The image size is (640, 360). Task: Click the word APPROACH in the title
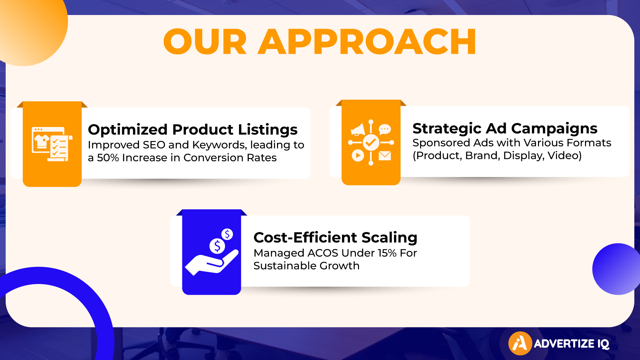[x=367, y=42]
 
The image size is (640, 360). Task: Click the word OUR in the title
[x=205, y=42]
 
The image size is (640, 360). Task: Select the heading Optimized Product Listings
[x=193, y=129]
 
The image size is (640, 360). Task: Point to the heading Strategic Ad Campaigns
[x=505, y=128]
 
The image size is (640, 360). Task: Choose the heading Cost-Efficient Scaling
[x=335, y=237]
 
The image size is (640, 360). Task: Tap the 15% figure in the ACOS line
[x=387, y=253]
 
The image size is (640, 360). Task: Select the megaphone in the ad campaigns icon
[x=358, y=130]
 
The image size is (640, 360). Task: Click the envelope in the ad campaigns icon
[x=385, y=156]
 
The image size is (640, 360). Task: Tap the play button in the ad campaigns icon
[x=358, y=155]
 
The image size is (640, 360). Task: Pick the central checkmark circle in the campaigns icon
[x=371, y=143]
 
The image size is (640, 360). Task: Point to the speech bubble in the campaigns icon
[x=385, y=129]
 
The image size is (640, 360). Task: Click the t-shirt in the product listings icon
[x=42, y=141]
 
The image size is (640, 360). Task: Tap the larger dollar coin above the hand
[x=217, y=246]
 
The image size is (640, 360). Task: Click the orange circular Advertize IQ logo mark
[x=520, y=343]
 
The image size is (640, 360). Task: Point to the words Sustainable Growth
[x=306, y=266]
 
